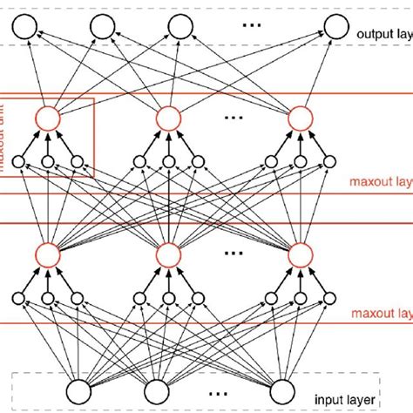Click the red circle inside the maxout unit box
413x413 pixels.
49,118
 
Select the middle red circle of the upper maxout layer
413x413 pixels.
168,118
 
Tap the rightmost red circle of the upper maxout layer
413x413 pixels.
300,118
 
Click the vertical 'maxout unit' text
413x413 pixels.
9,135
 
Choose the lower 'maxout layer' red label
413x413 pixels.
380,312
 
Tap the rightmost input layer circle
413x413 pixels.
284,389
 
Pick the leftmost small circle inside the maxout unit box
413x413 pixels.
19,160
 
